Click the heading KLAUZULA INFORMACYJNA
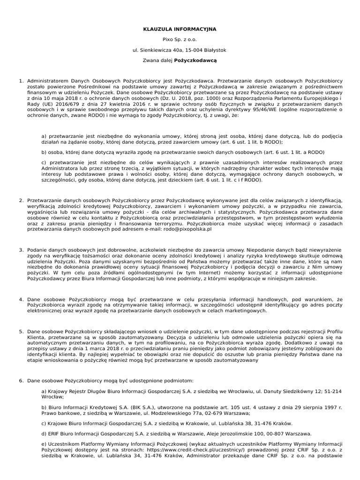180,29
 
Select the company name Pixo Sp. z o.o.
180,40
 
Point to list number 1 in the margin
21,81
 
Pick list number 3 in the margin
21,250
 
